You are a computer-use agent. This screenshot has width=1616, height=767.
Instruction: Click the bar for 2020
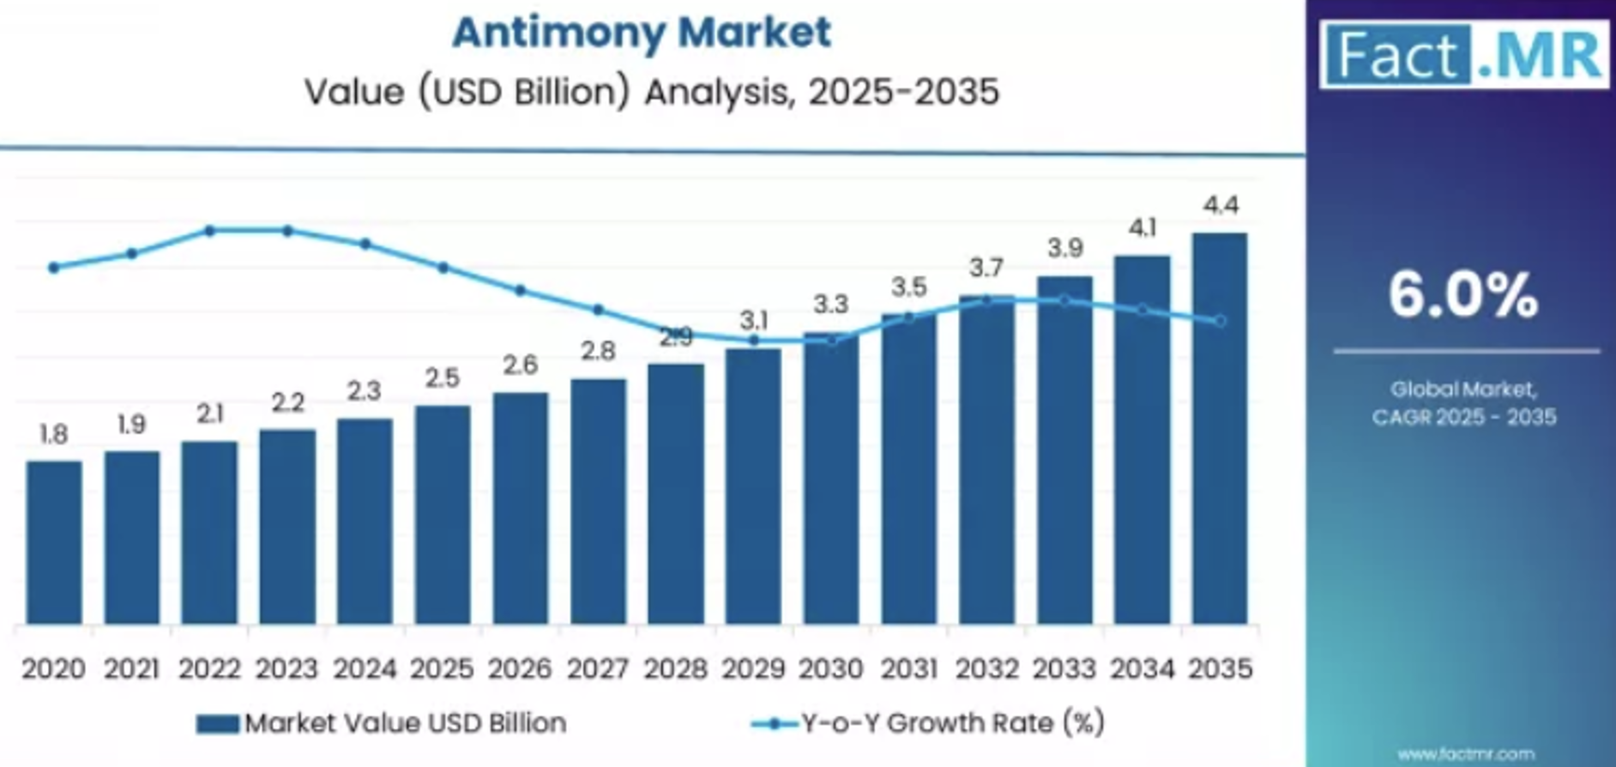[54, 542]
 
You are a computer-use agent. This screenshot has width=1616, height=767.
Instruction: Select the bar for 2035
[1220, 429]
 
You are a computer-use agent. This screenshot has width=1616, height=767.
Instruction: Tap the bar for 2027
[598, 502]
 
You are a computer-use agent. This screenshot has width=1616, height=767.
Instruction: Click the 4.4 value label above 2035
[1221, 206]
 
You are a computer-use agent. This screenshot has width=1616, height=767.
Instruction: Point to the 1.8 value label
[54, 434]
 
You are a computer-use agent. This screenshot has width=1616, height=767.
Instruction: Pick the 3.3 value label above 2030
[830, 305]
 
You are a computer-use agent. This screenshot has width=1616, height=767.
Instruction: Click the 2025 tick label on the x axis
[442, 668]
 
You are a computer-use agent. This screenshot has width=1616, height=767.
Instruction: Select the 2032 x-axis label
[986, 668]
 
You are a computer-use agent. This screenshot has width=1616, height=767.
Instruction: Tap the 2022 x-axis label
[209, 668]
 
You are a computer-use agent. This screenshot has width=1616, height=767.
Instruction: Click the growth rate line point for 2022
[210, 231]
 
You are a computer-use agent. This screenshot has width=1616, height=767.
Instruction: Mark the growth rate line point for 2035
[1221, 321]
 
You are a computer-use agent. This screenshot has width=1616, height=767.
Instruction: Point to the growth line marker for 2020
[54, 268]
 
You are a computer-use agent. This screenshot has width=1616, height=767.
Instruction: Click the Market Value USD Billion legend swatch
[217, 724]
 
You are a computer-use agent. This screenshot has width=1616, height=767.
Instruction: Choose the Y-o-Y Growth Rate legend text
[952, 723]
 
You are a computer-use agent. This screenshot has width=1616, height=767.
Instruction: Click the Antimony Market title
[642, 33]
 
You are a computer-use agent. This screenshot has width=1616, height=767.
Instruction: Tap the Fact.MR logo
[1464, 55]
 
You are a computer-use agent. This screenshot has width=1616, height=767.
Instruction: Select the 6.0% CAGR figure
[1463, 294]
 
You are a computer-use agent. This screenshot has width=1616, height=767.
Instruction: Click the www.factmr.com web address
[1465, 754]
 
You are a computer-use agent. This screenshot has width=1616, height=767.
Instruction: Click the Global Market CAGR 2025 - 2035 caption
[1464, 403]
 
